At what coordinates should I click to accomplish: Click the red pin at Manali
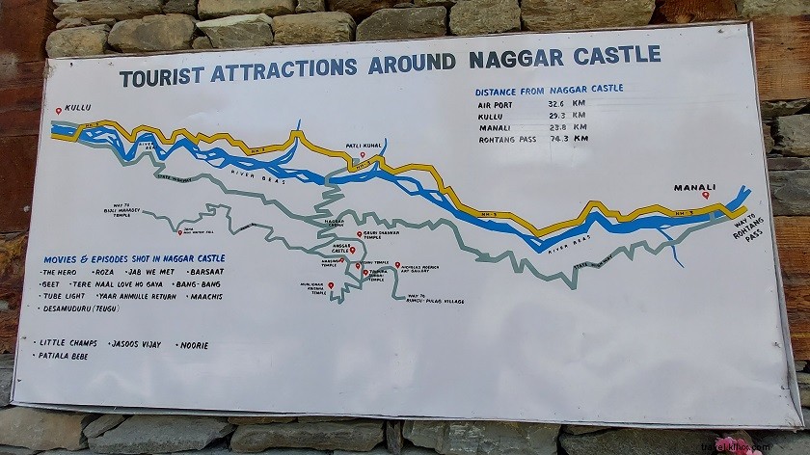point(706,196)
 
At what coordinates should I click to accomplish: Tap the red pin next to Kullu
point(59,110)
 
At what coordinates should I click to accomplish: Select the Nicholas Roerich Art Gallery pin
point(397,265)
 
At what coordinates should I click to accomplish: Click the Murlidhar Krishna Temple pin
point(331,285)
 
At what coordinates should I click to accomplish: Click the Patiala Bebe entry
point(64,356)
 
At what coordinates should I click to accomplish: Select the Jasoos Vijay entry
point(136,344)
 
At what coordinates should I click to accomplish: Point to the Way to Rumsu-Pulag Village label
point(435,299)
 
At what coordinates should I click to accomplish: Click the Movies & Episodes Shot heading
point(134,258)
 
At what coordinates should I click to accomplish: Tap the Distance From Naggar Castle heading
point(549,89)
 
